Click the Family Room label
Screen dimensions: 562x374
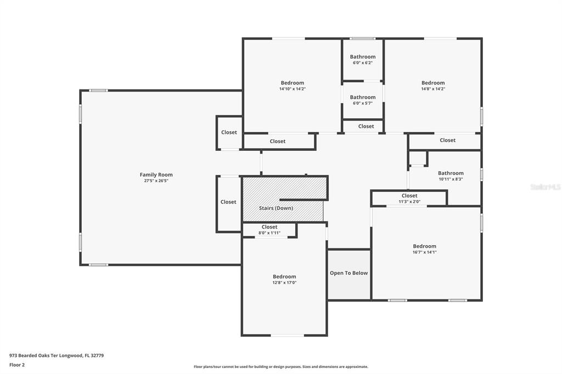(156, 174)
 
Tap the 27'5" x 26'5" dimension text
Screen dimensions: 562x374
(156, 181)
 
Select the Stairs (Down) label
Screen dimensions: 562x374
(276, 208)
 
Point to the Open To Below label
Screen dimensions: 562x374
(349, 273)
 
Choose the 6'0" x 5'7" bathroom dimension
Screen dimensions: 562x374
(363, 103)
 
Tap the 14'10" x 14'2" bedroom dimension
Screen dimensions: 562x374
(293, 89)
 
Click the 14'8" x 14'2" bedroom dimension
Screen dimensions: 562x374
(433, 89)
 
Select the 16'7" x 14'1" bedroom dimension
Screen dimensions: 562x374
(424, 252)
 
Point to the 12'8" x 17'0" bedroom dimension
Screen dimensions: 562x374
(284, 282)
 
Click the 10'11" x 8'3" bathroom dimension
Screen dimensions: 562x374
(451, 179)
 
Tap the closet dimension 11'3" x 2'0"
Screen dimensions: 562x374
(409, 202)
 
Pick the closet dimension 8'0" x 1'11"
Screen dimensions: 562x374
(269, 233)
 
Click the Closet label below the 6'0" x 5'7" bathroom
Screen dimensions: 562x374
(366, 126)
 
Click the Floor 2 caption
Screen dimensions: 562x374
(17, 365)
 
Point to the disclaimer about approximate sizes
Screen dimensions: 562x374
(281, 367)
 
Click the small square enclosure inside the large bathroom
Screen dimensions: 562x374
(418, 158)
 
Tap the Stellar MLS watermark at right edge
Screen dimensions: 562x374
(546, 187)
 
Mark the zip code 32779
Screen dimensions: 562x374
(97, 356)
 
